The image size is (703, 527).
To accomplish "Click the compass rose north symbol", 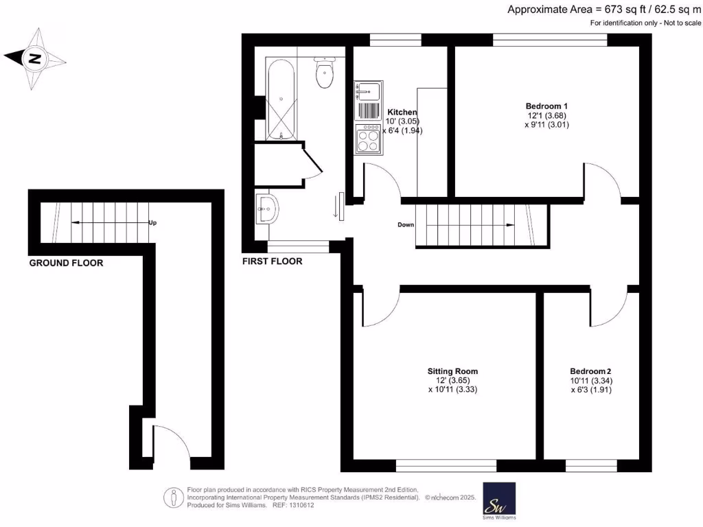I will tap(34, 60).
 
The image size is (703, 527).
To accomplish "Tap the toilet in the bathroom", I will tap(325, 73).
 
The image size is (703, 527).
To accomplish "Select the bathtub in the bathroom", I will tap(281, 100).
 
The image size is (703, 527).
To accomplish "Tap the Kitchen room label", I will tap(402, 112).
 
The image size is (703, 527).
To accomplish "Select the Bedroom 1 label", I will tap(546, 106).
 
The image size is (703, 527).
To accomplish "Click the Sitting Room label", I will tap(452, 371).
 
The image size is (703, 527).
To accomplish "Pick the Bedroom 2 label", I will tap(590, 371).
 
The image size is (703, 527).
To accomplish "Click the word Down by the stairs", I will tap(406, 224).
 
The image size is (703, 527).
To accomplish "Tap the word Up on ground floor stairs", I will tap(152, 222).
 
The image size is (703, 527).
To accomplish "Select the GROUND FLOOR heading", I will tap(66, 263).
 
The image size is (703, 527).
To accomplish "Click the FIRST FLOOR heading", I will tap(272, 261).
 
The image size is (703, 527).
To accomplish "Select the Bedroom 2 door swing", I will tap(608, 307).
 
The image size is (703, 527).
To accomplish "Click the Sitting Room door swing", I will tap(381, 307).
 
